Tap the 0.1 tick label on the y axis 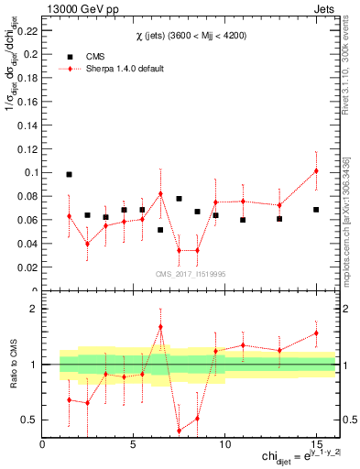point(31,172)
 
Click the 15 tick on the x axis point(315,444)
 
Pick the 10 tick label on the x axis point(224,444)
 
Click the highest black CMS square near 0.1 point(69,174)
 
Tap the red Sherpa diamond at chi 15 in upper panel point(316,170)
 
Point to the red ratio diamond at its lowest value point(179,431)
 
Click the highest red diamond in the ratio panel point(160,326)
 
